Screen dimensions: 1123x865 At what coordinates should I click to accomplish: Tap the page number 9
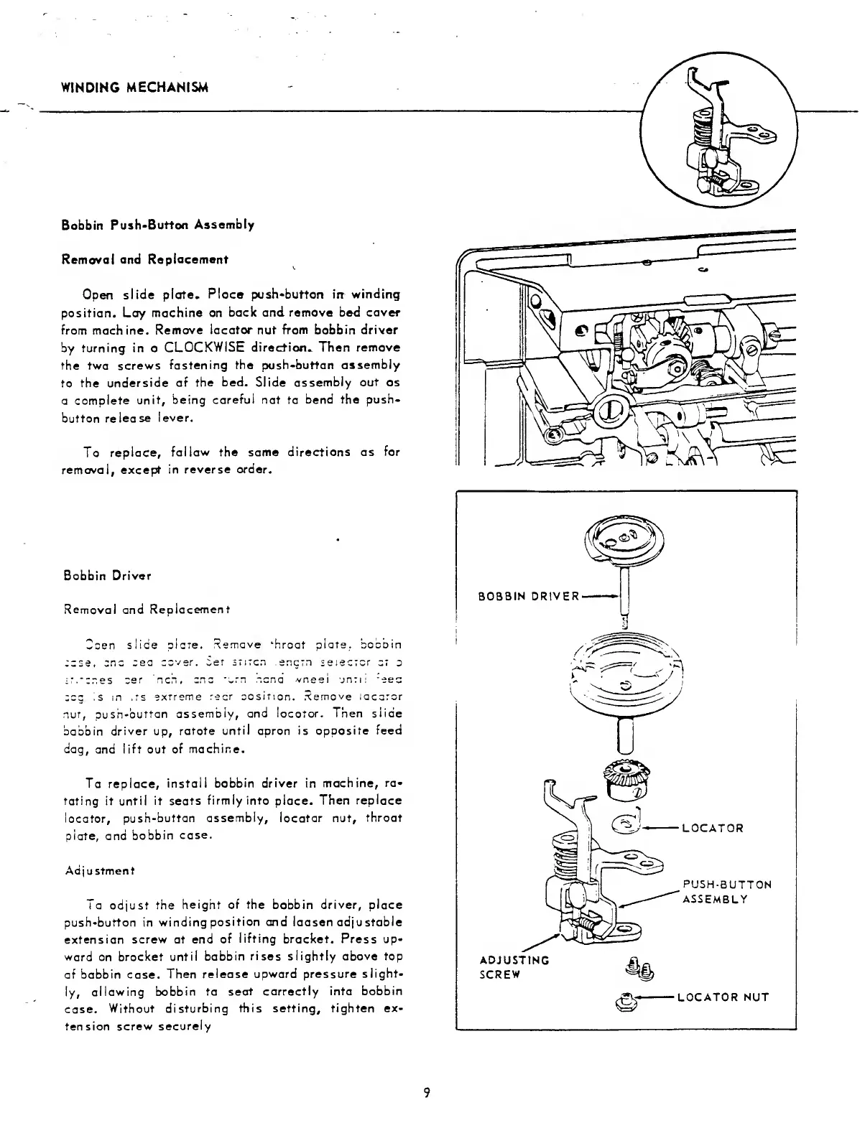point(427,1093)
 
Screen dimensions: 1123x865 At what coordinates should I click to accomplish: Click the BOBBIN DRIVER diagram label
point(529,597)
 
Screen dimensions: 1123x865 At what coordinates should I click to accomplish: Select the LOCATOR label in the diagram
point(712,828)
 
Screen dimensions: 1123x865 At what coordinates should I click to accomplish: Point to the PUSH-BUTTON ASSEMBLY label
point(726,891)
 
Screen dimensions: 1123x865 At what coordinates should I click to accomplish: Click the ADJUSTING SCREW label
point(514,967)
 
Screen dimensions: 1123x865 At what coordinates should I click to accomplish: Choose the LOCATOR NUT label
point(723,997)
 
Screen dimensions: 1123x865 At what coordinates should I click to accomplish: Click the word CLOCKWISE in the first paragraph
point(206,347)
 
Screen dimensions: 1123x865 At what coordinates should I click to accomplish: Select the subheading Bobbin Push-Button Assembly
point(157,225)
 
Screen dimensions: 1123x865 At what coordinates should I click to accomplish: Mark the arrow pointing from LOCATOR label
point(661,828)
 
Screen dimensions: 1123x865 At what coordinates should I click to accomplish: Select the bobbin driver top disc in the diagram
point(626,540)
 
